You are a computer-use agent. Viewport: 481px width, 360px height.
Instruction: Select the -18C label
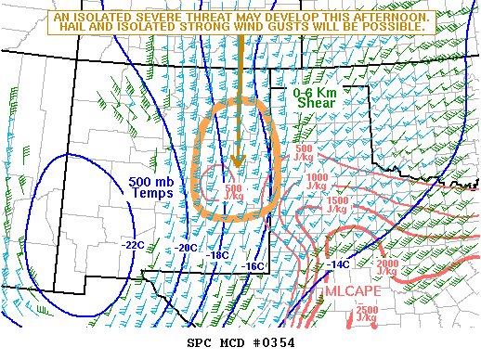(x=218, y=255)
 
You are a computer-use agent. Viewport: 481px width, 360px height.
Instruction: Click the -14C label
(x=339, y=264)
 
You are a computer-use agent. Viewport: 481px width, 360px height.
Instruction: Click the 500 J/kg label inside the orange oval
(x=234, y=193)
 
